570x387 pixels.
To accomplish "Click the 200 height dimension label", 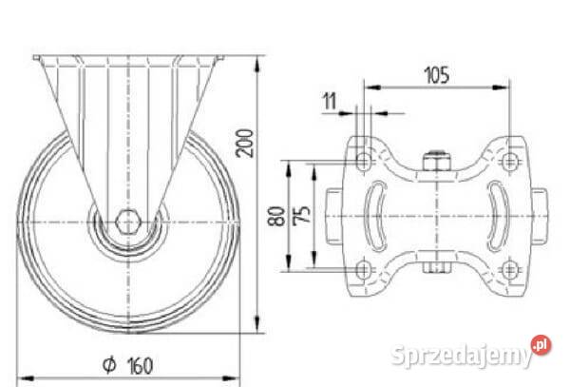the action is (x=244, y=143).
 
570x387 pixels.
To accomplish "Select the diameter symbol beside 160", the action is (x=109, y=365).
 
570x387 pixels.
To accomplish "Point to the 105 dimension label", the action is (x=437, y=74).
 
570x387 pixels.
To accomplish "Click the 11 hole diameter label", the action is (x=330, y=101).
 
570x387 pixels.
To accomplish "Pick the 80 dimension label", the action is (x=276, y=216).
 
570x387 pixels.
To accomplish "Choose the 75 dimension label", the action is (x=302, y=215).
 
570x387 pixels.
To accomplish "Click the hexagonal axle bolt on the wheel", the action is (x=127, y=222).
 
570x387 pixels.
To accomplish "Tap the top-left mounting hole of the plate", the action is (x=363, y=161).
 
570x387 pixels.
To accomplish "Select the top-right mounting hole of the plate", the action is (x=509, y=161).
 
